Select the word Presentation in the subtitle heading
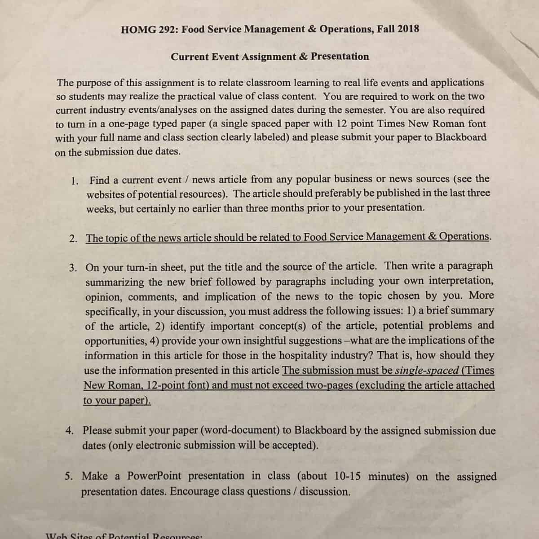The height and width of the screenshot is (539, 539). coord(340,57)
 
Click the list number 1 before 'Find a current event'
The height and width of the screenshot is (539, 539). coord(75,181)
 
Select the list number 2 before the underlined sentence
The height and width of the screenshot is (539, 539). coord(73,239)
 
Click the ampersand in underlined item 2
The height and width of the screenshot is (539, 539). coord(432,236)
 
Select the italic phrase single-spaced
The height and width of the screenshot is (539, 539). coord(427,371)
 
